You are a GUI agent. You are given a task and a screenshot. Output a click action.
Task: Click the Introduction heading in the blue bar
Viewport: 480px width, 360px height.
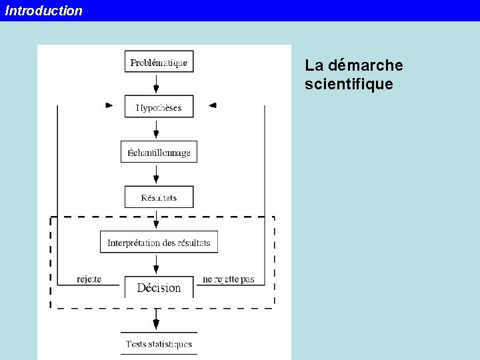point(44,11)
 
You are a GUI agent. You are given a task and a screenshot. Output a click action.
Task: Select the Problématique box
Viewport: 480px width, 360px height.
point(159,62)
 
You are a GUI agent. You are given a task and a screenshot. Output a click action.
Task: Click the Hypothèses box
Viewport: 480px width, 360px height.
point(159,107)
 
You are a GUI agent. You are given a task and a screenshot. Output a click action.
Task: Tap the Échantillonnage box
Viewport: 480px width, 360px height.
point(159,152)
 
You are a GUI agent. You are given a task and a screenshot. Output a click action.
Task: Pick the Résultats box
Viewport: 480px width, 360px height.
point(159,197)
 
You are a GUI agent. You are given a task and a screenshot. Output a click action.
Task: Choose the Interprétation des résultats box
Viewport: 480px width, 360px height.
point(159,242)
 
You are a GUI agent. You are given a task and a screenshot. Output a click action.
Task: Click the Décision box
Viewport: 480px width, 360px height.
point(159,287)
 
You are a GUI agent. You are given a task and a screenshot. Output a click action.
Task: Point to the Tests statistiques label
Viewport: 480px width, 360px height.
point(159,344)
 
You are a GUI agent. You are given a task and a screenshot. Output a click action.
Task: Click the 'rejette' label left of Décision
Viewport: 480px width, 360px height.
point(89,279)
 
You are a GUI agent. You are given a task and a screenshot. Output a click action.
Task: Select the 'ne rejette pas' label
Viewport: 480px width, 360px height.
point(229,279)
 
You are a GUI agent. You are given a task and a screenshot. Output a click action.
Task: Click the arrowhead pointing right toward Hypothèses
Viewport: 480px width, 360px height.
point(109,105)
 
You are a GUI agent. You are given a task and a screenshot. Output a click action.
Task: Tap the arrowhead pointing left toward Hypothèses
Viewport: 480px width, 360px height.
point(213,105)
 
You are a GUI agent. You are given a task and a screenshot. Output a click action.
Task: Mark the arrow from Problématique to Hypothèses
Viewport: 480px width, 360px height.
point(156,84)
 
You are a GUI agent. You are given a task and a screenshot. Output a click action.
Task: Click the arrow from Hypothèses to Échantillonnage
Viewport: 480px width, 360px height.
point(156,129)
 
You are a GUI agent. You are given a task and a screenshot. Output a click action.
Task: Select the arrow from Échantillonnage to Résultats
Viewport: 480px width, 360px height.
point(156,174)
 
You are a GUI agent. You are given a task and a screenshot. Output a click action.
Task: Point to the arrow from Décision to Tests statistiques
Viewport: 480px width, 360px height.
point(156,319)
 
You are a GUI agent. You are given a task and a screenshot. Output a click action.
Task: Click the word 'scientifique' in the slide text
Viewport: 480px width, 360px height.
point(349,85)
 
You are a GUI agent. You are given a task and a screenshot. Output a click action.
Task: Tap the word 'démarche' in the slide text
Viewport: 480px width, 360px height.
point(365,66)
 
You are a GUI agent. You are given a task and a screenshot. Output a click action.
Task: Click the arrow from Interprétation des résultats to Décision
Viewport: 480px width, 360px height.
point(156,265)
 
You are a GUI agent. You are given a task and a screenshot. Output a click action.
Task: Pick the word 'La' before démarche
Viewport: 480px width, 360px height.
point(314,66)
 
